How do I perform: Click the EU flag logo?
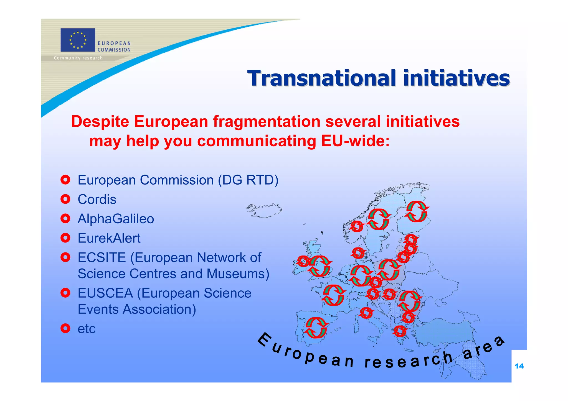click(78, 40)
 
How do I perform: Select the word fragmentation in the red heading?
click(267, 122)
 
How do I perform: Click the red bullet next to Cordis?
click(65, 199)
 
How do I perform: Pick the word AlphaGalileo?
click(116, 219)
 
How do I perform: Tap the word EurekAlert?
click(109, 238)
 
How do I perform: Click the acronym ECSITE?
click(102, 257)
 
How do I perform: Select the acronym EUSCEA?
click(105, 293)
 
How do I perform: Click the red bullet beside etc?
click(65, 328)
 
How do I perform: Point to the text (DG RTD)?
click(248, 180)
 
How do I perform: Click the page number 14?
click(519, 366)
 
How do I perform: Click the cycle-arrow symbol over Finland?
click(417, 212)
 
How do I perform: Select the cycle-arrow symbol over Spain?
click(316, 328)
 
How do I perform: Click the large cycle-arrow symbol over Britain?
click(319, 266)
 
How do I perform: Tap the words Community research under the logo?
click(78, 58)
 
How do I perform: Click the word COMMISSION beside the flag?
click(114, 50)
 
